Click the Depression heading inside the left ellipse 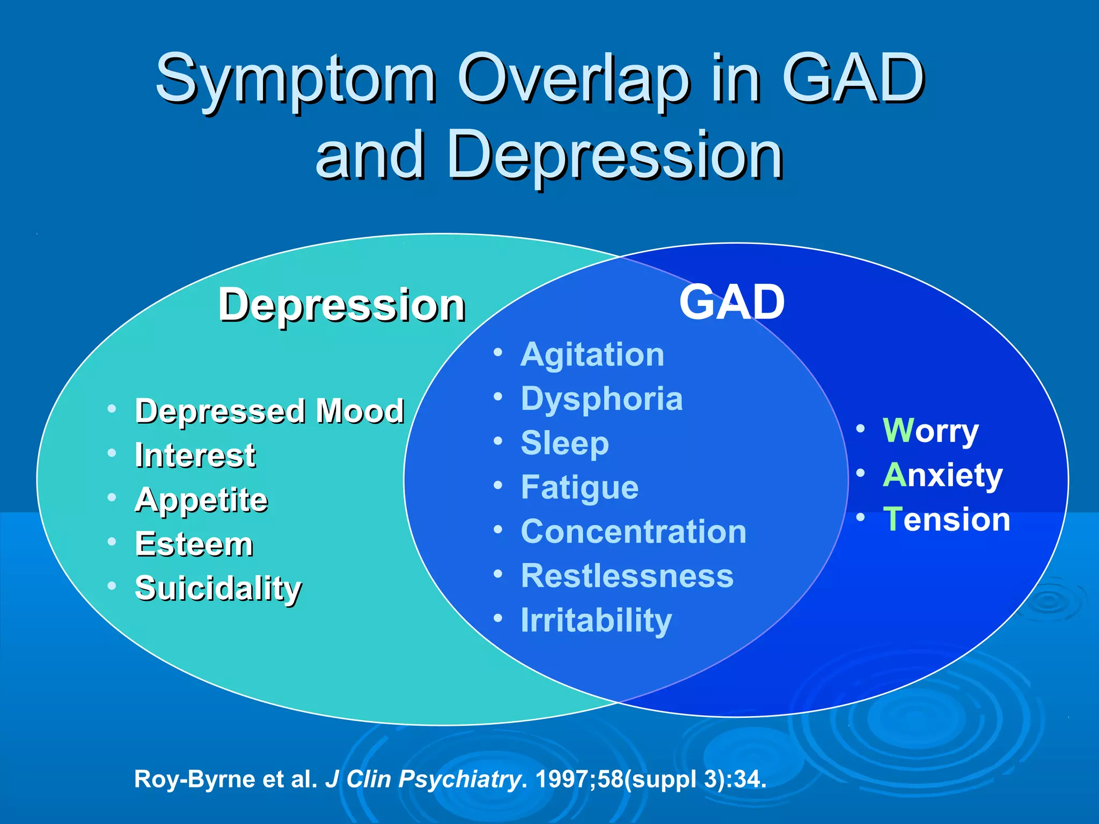coord(341,305)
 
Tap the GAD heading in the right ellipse coord(732,302)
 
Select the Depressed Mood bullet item coord(269,411)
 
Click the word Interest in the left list coord(195,455)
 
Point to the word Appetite coord(201,500)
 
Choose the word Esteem coord(194,544)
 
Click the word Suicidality coord(218,588)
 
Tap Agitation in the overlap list coord(592,355)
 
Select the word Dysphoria coord(602,399)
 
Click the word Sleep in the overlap coord(565,444)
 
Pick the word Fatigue coord(580,488)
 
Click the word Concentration coord(633,532)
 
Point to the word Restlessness coord(627,576)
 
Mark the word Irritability coord(596,620)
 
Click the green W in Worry coord(898,430)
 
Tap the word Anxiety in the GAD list coord(942,475)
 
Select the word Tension coord(947,519)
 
